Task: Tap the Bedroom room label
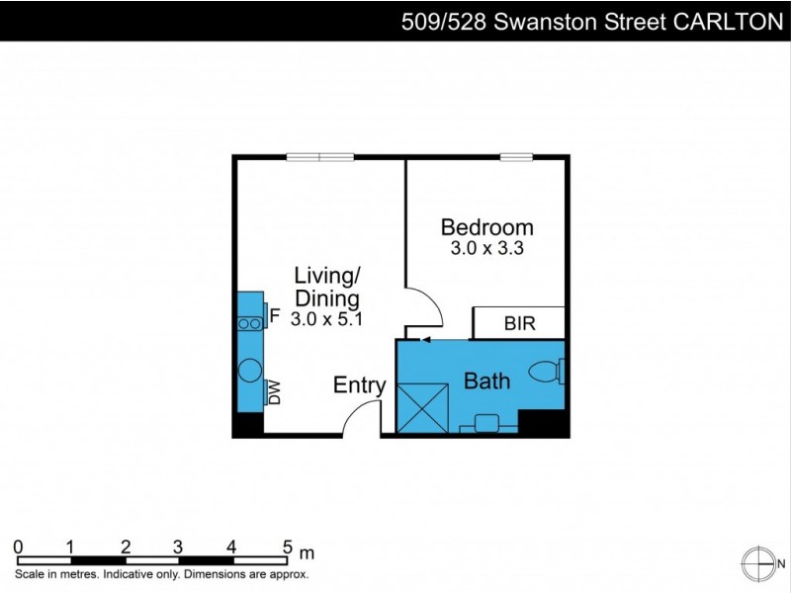pos(486,227)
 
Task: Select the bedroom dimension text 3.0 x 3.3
pos(486,249)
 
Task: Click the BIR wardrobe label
pos(520,323)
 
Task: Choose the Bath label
pos(486,380)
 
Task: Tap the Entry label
pos(359,385)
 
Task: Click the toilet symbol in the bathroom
pos(547,373)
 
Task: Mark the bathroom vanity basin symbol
pos(485,422)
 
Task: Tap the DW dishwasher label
pos(276,393)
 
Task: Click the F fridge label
pos(276,316)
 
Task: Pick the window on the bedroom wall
pos(516,156)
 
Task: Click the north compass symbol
pos(757,561)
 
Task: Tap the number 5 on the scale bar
pos(288,547)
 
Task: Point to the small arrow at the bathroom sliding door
pos(425,340)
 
